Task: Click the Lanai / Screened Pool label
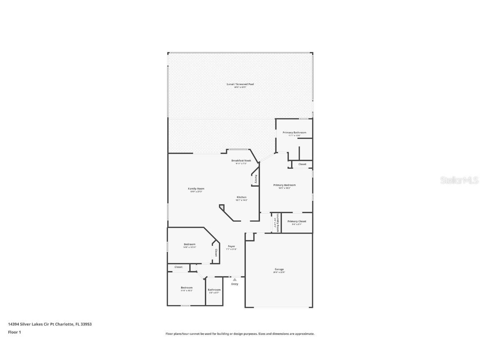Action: click(x=240, y=84)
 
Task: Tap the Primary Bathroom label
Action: click(x=294, y=132)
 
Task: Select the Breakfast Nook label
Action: click(x=241, y=160)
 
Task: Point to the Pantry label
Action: click(x=256, y=179)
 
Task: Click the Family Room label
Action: click(x=196, y=189)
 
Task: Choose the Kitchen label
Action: click(x=242, y=197)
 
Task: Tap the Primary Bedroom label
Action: click(x=284, y=185)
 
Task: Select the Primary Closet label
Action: click(x=297, y=221)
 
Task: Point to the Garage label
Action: click(x=279, y=269)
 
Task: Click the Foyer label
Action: click(x=231, y=246)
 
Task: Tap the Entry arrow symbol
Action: click(x=235, y=280)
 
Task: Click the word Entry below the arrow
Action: click(x=235, y=284)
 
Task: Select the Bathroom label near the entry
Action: click(x=214, y=290)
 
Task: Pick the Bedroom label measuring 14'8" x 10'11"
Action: click(x=189, y=244)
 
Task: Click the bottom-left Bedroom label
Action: click(x=186, y=287)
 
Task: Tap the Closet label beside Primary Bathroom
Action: click(x=302, y=164)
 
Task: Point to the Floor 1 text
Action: click(x=14, y=332)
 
